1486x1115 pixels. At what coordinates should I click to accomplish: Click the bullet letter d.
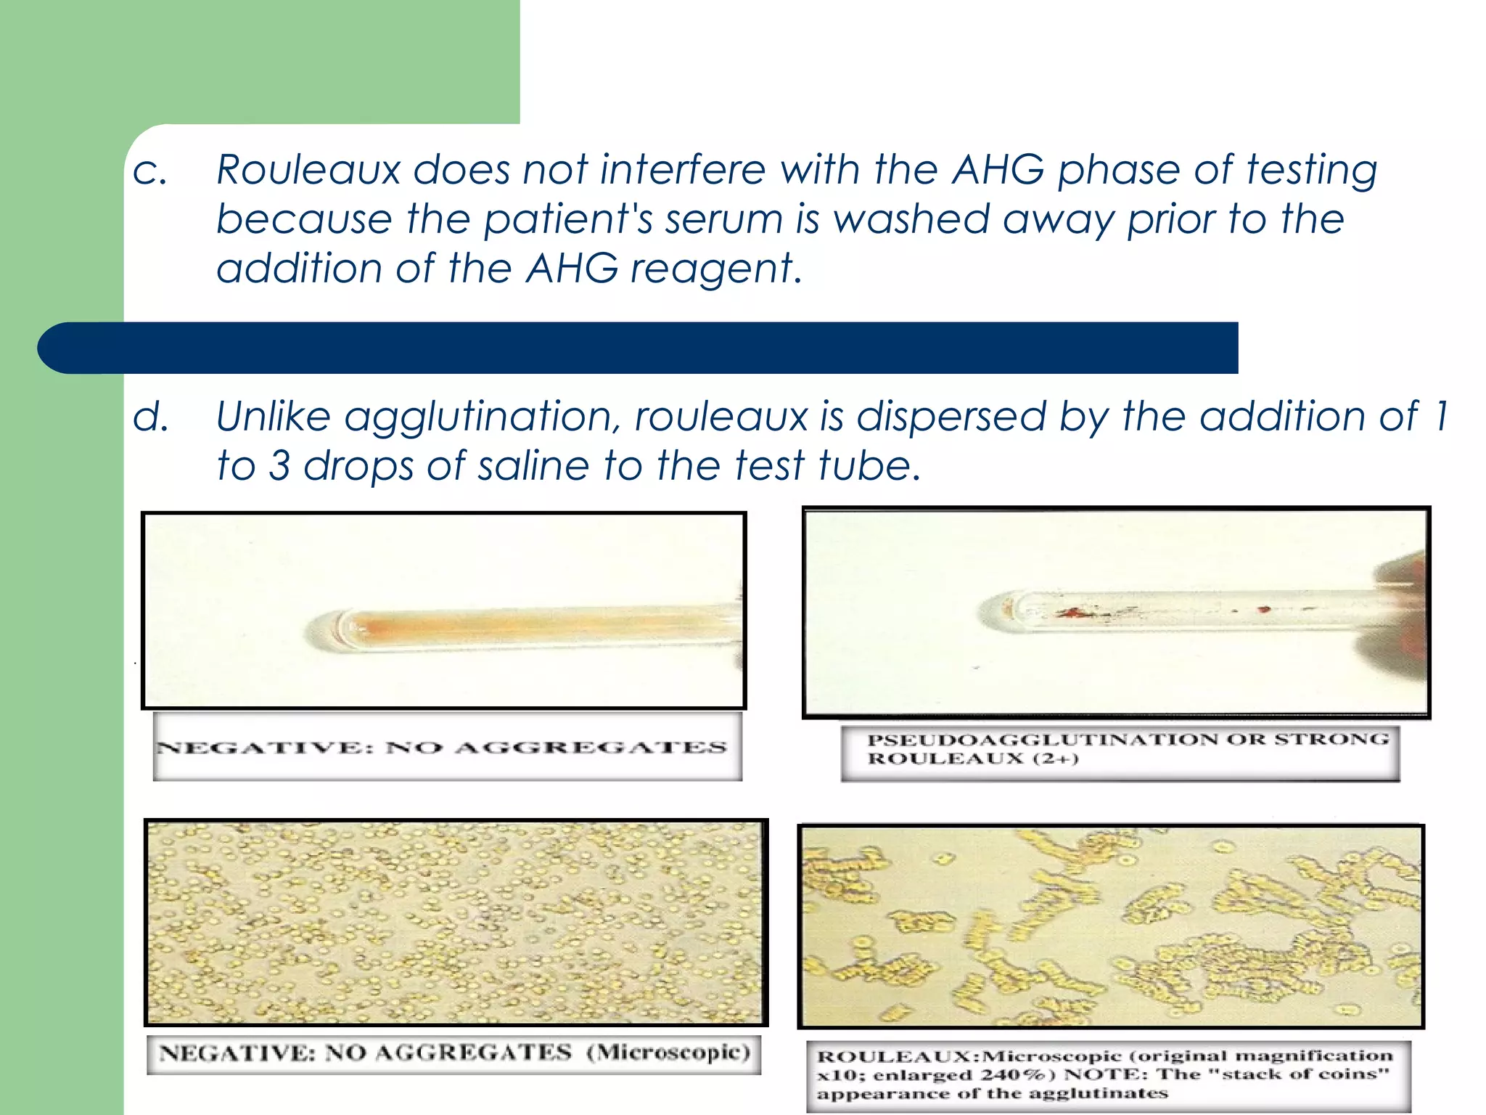tap(151, 417)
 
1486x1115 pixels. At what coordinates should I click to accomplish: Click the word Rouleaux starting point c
tap(308, 170)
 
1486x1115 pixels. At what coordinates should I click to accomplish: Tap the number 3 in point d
tap(280, 466)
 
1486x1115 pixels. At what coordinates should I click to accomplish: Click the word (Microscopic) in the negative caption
tap(668, 1053)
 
